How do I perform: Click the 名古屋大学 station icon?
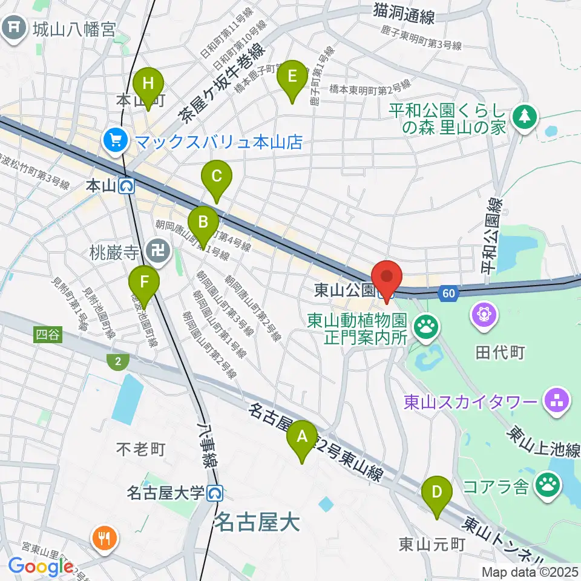coord(214,494)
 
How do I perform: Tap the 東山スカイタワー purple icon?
coord(554,399)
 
